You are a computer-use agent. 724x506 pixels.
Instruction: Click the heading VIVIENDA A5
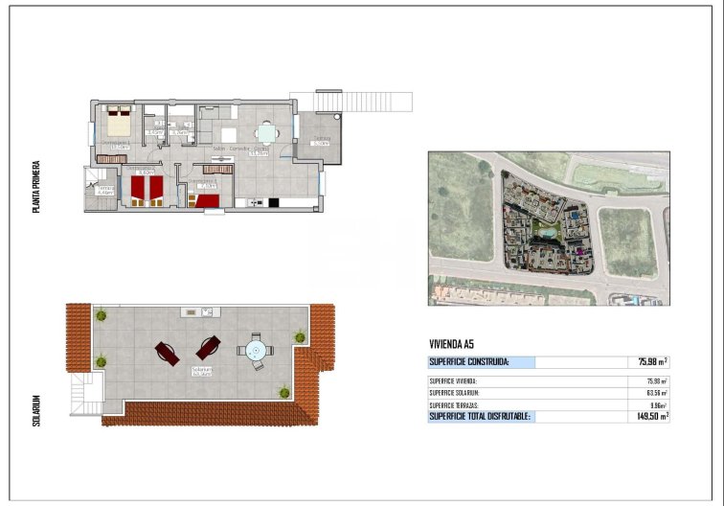(x=451, y=344)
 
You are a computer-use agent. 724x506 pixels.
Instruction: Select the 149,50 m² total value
(x=652, y=417)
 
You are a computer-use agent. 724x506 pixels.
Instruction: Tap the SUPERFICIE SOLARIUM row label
(x=455, y=393)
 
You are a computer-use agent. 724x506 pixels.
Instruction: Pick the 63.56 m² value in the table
(x=656, y=393)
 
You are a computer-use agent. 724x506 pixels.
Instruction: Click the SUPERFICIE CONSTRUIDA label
(x=469, y=362)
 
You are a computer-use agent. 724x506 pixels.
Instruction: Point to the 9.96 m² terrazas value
(x=656, y=405)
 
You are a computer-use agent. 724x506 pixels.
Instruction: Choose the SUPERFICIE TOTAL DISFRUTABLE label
(x=480, y=417)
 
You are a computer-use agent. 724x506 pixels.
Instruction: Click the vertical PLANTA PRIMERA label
(x=36, y=186)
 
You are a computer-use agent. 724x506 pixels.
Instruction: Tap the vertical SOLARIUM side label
(x=36, y=409)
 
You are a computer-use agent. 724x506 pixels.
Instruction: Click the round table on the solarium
(x=256, y=352)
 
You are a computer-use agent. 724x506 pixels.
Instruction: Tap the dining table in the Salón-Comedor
(x=266, y=134)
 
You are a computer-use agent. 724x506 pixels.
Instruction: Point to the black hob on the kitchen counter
(x=273, y=202)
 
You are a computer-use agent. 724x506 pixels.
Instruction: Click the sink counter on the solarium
(x=200, y=310)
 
